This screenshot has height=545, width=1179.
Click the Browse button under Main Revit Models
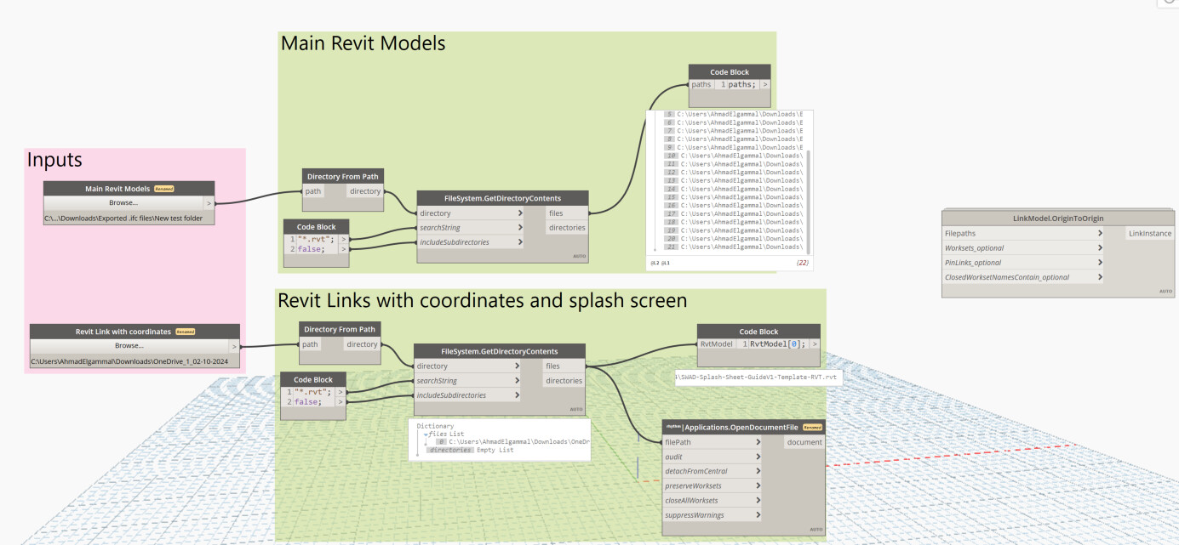click(123, 203)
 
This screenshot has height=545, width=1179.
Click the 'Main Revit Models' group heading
click(363, 43)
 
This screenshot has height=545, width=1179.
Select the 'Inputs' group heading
click(54, 160)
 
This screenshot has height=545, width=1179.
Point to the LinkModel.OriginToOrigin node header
click(1058, 219)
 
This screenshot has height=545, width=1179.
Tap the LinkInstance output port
click(1149, 233)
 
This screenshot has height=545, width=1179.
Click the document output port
click(804, 442)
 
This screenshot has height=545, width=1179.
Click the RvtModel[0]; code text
click(776, 343)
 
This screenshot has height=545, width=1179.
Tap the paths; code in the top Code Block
click(741, 84)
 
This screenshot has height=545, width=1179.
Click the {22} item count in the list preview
click(802, 264)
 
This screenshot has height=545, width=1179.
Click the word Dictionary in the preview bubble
click(435, 426)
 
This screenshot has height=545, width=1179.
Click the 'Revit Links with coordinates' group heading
click(482, 301)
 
